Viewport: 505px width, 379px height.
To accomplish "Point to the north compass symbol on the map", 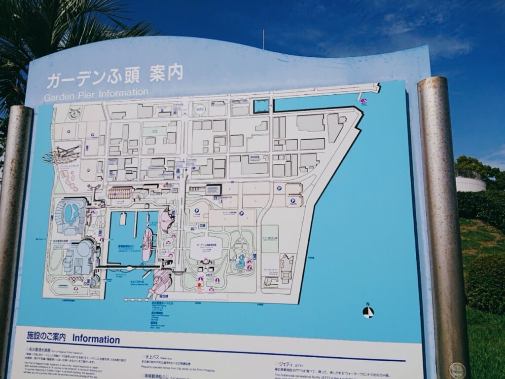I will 368,312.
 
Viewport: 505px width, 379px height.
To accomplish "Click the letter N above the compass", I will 368,304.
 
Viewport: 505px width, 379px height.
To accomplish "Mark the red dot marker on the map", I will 200,285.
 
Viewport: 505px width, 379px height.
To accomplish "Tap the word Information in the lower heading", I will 96,339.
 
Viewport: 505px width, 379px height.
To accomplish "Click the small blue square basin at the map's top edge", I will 261,106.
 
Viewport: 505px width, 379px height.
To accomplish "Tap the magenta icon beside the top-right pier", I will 363,102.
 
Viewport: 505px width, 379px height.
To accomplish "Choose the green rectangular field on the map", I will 270,239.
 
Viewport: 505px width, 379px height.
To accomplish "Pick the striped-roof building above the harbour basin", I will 120,193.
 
